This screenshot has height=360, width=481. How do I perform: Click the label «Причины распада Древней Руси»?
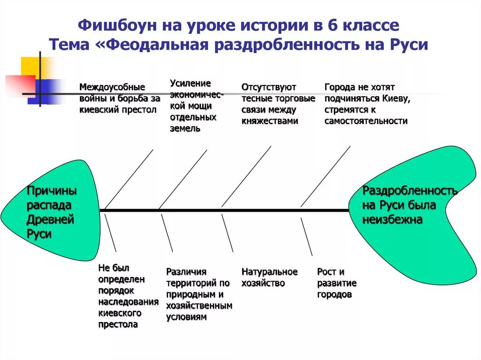coord(52,213)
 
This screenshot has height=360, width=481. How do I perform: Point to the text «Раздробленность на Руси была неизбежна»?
coord(410,205)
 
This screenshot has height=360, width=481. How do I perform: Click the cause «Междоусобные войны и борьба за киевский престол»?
coord(119,99)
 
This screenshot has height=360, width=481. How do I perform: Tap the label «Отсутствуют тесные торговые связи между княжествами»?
coord(278,104)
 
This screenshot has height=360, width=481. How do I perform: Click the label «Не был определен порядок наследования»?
coord(122,296)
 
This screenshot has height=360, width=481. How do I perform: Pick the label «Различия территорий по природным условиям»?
coord(199,294)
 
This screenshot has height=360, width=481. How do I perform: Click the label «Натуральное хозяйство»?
coord(269,277)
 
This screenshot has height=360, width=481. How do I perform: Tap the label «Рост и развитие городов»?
coord(336,283)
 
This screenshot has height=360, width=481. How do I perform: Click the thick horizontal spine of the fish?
coord(225,210)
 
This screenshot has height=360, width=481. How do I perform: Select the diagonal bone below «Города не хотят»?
coord(326,176)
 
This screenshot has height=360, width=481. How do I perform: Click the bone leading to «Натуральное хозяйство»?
coord(227,233)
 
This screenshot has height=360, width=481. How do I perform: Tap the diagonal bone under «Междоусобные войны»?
coord(129,179)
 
